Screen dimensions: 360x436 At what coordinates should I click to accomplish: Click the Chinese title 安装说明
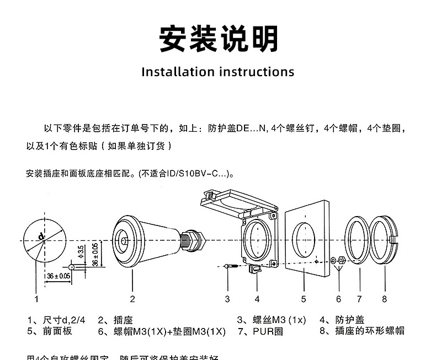point(219,39)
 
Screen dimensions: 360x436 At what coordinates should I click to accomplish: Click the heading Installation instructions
point(218,72)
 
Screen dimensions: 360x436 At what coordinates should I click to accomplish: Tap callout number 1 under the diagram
point(36,299)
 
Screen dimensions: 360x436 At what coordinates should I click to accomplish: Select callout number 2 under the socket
point(132,299)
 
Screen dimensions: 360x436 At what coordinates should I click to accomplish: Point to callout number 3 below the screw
point(227,299)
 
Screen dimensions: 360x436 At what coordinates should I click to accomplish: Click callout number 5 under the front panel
point(304,299)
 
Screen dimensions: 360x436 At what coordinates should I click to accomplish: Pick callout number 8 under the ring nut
point(385,299)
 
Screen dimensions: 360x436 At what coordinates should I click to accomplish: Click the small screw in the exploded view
point(231,267)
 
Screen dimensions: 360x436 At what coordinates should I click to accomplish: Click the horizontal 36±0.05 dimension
point(59,276)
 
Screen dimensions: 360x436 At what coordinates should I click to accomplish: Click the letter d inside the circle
point(42,237)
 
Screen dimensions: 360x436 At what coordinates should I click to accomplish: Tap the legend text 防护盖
point(349,320)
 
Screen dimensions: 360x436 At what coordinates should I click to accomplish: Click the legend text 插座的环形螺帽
point(369,331)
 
